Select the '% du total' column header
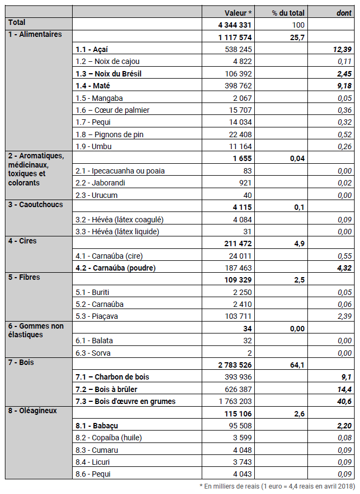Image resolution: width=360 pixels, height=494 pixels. click(x=288, y=12)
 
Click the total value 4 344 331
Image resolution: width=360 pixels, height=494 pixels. click(x=235, y=25)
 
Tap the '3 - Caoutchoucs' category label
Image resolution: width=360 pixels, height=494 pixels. click(x=35, y=204)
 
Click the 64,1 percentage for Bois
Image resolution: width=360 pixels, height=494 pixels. click(x=297, y=365)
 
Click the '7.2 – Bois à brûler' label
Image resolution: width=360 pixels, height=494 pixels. click(x=107, y=389)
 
